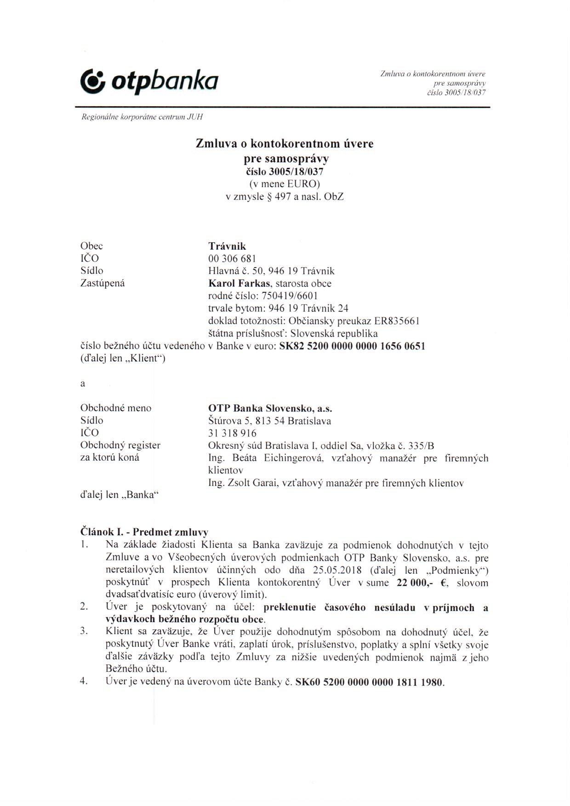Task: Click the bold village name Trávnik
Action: click(227, 246)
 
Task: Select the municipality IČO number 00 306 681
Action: click(232, 259)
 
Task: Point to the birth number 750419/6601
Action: click(289, 296)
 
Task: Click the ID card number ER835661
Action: click(397, 321)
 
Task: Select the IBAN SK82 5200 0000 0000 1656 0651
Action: click(352, 346)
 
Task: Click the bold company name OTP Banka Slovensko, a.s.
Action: click(270, 408)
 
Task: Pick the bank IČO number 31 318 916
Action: click(232, 433)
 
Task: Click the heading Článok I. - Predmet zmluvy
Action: click(144, 532)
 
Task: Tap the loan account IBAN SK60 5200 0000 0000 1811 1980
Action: click(370, 682)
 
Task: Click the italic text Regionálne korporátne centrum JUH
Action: click(142, 117)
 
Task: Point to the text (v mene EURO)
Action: click(285, 184)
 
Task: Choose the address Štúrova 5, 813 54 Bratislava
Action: click(269, 421)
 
